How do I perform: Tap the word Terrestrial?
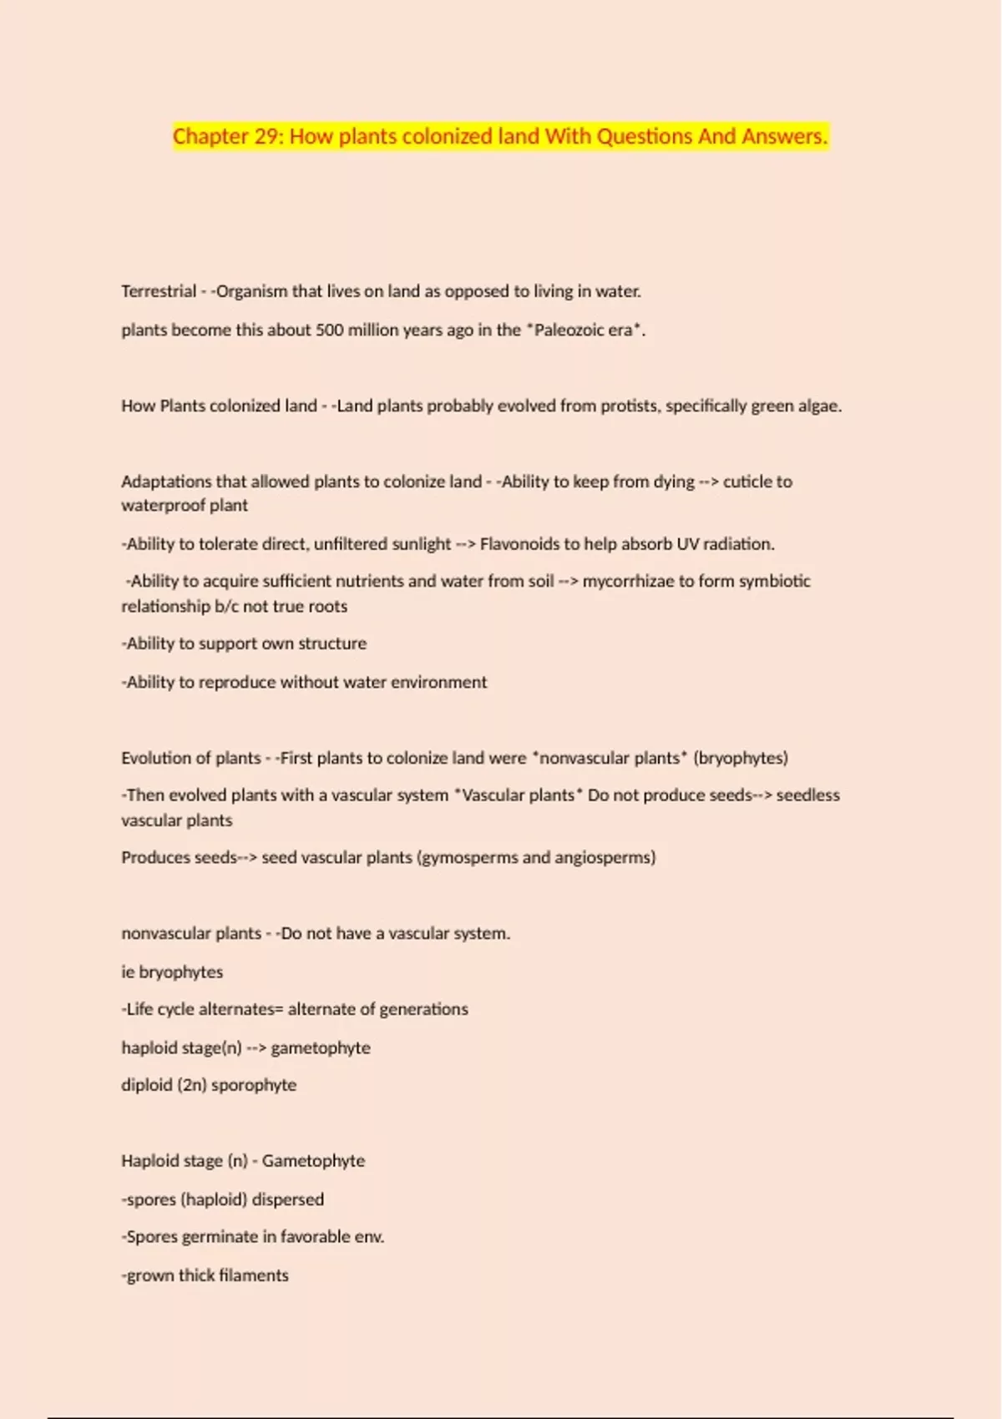(159, 291)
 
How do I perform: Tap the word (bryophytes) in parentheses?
(741, 758)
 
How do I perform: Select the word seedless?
(807, 795)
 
